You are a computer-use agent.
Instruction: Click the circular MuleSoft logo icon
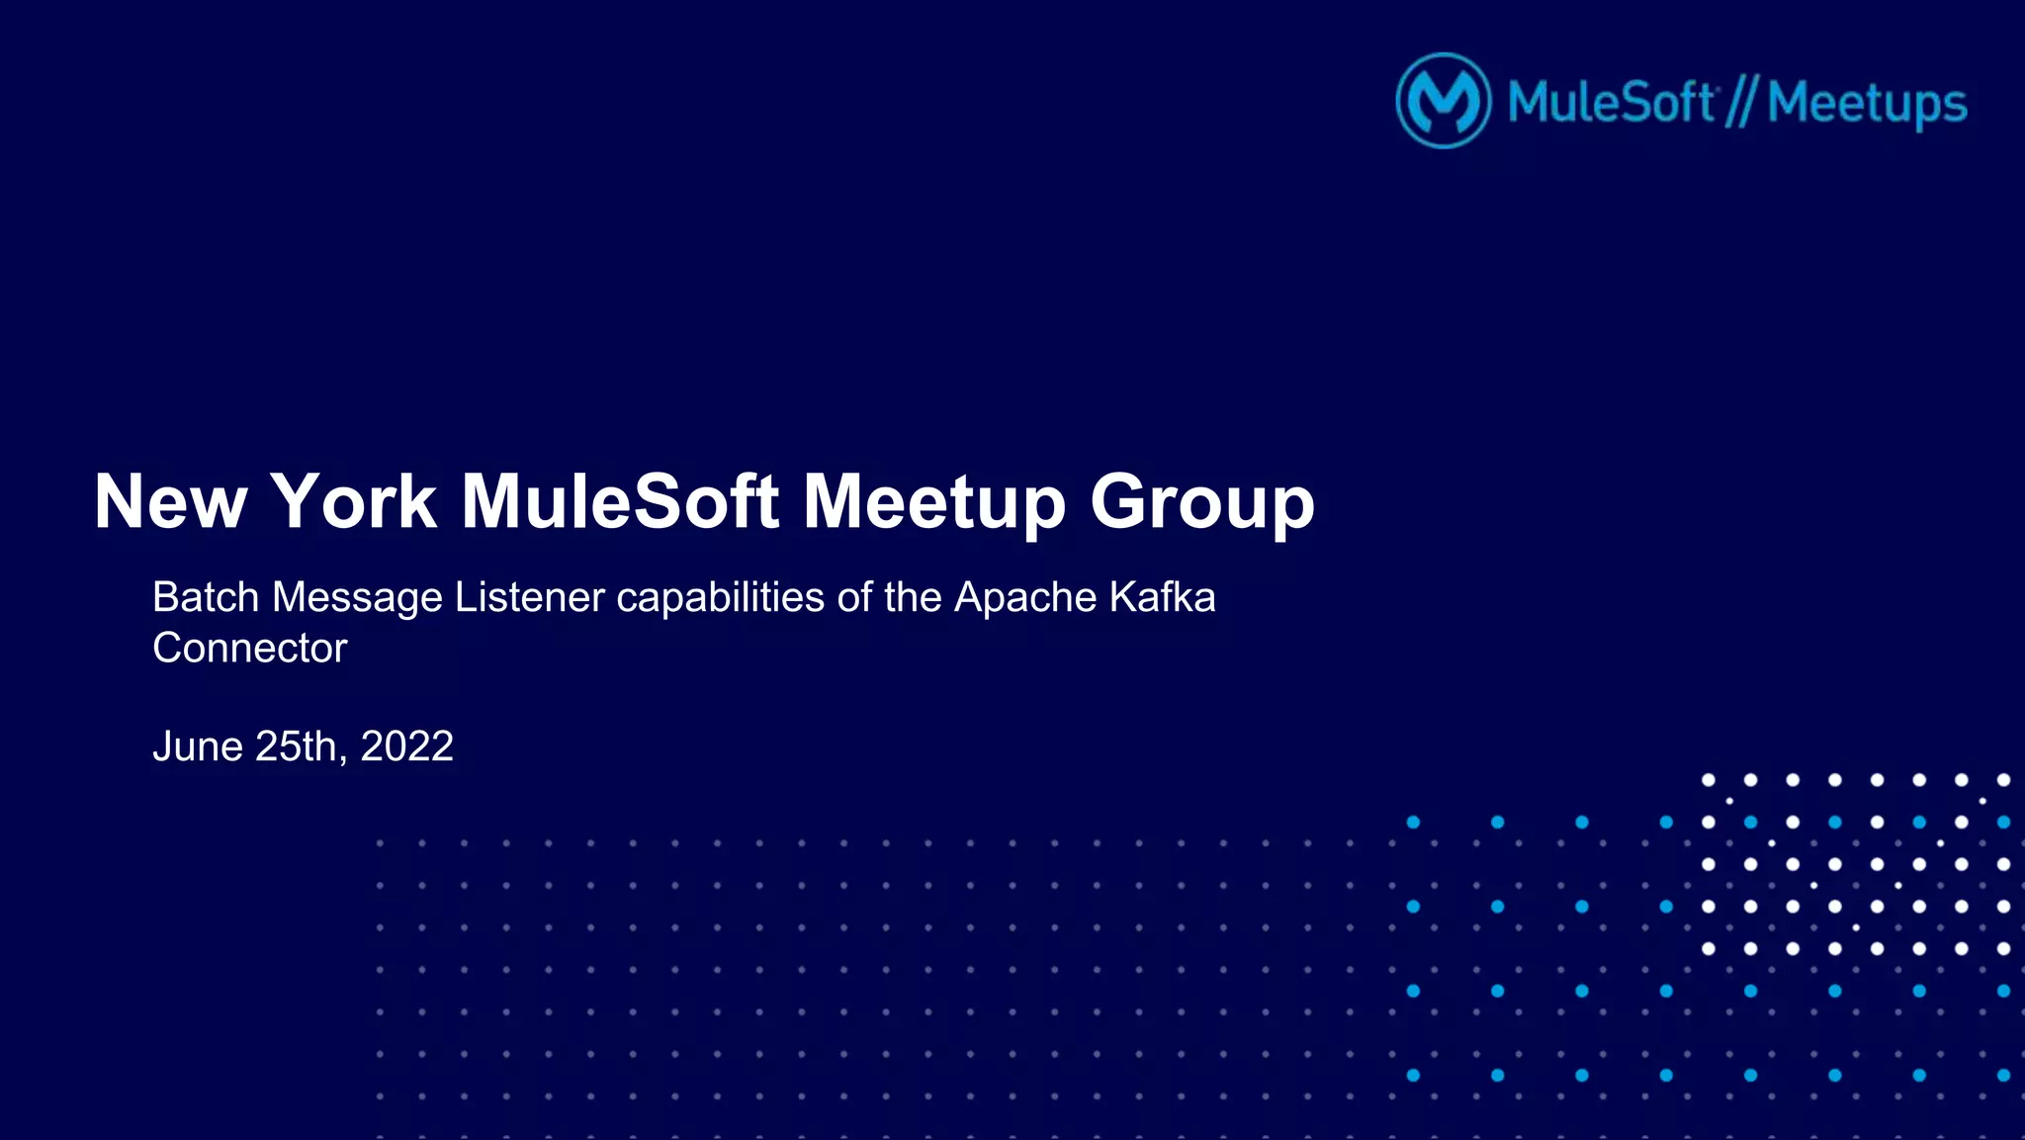tap(1443, 101)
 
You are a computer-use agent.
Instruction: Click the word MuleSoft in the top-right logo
tap(1611, 103)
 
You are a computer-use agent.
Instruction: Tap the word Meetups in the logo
tap(1867, 105)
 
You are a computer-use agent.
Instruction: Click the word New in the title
tap(169, 502)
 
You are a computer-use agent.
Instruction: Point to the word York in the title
tap(353, 502)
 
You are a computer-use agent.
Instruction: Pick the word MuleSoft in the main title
tap(620, 502)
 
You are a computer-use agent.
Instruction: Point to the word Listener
tap(529, 597)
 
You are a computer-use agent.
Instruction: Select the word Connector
tap(250, 649)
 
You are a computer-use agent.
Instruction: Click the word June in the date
tap(198, 746)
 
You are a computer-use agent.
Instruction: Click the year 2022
tap(406, 746)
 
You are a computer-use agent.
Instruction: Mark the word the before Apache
tap(913, 597)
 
